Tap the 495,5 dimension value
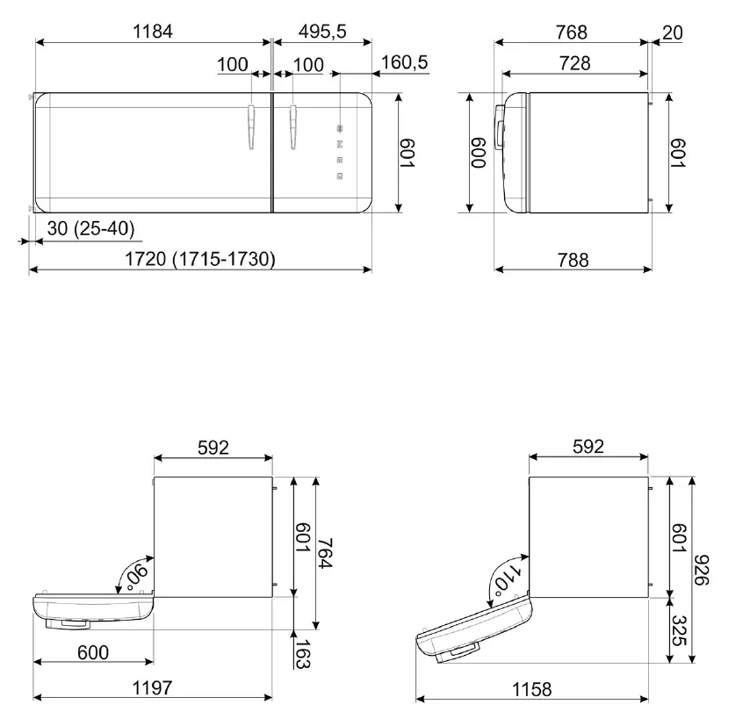pyautogui.click(x=322, y=32)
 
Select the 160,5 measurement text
pyautogui.click(x=405, y=62)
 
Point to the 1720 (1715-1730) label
pyautogui.click(x=200, y=259)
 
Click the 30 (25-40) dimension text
pyautogui.click(x=90, y=228)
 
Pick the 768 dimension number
pyautogui.click(x=571, y=32)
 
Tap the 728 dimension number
pyautogui.click(x=574, y=62)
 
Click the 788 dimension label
pyautogui.click(x=573, y=260)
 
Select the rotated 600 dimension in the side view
pyautogui.click(x=479, y=153)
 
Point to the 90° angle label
pyautogui.click(x=137, y=575)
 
